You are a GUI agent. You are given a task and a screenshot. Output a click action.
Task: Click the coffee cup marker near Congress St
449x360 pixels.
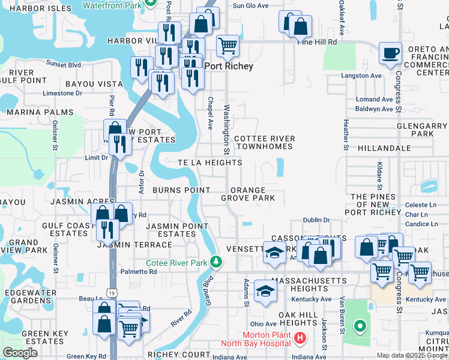390,52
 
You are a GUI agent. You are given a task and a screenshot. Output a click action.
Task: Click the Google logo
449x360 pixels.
20,353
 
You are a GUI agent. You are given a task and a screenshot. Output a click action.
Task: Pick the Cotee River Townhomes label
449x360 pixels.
264,142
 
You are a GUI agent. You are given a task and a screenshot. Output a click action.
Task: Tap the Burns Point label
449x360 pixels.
181,190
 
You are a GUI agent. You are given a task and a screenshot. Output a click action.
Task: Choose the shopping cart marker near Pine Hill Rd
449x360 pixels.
228,46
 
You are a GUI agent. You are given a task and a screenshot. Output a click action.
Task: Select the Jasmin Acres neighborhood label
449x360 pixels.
74,202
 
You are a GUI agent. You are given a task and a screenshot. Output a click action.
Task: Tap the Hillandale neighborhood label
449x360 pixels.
384,148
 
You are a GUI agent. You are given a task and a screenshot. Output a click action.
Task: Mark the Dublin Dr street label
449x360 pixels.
316,220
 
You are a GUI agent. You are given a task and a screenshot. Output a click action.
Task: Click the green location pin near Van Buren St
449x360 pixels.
360,327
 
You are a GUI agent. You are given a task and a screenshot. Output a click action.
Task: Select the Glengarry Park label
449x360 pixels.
423,130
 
